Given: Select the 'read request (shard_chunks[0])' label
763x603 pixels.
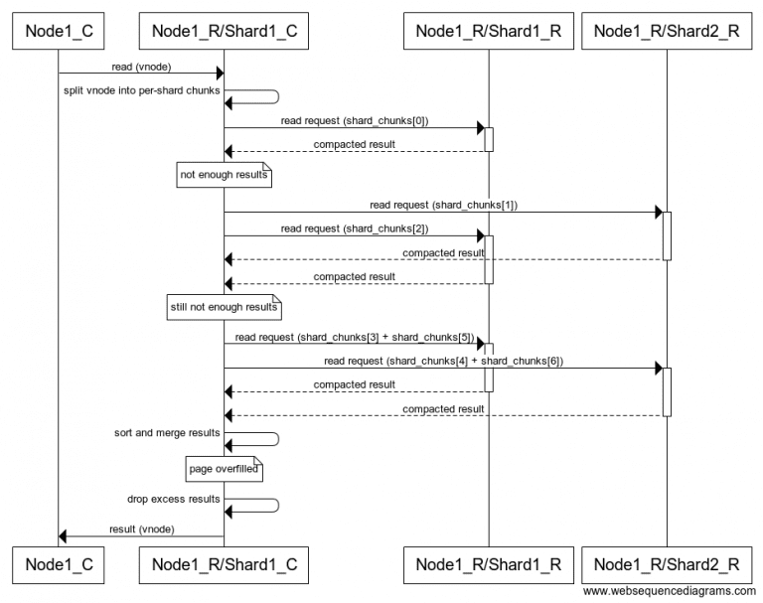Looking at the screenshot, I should pos(355,120).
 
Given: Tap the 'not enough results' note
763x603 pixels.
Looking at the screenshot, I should pos(224,177).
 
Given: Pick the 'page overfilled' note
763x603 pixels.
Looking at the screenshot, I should pos(224,468).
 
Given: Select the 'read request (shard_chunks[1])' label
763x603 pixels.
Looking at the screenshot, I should pos(444,205).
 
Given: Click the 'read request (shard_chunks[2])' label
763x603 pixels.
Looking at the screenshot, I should pos(355,228).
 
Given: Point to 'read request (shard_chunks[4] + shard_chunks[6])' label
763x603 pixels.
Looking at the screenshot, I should pos(444,361).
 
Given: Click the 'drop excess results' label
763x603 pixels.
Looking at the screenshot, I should pos(173,499).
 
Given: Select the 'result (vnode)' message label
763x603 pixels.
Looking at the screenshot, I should pos(139,529).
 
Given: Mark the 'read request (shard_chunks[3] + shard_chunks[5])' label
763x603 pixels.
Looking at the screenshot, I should pos(355,337).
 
